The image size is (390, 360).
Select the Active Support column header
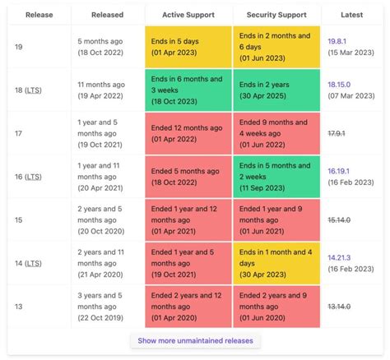point(188,14)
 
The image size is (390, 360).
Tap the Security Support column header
point(276,14)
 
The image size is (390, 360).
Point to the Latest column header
point(351,14)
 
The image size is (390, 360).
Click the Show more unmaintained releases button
point(195,340)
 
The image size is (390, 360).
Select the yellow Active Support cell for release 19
point(188,46)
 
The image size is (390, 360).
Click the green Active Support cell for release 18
point(188,90)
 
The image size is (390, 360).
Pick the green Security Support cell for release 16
point(276,178)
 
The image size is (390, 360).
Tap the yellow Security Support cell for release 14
point(276,263)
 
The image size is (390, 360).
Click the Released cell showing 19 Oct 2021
point(107,134)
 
